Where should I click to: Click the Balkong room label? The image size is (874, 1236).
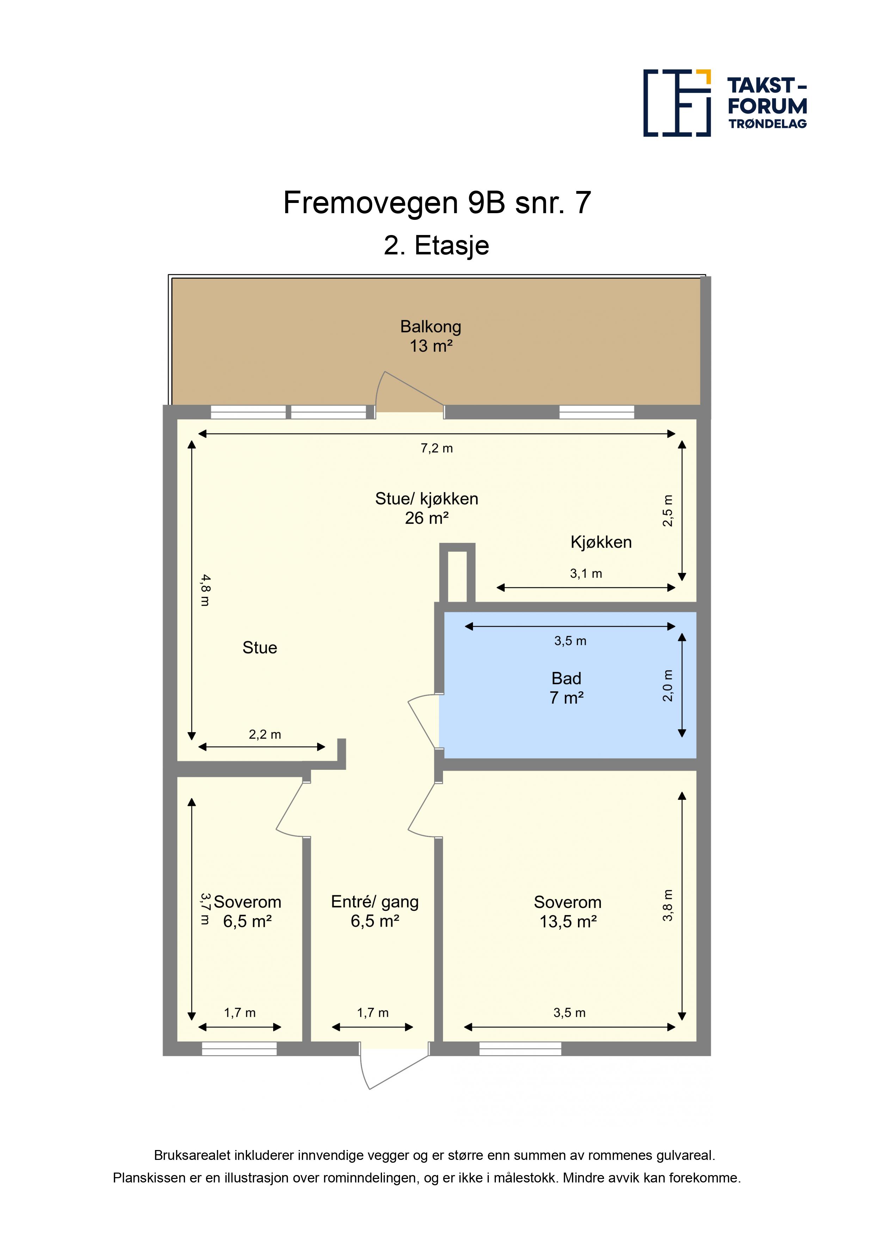(430, 336)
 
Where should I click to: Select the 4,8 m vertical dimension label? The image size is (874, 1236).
(205, 590)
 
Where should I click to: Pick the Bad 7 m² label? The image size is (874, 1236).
(566, 688)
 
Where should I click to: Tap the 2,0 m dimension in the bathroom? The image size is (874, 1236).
(667, 686)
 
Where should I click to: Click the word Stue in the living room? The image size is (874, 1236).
(260, 648)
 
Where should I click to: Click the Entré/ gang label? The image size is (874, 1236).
(375, 901)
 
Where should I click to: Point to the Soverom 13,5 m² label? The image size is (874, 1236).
(568, 911)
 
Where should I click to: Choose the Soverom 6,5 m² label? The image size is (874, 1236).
(247, 911)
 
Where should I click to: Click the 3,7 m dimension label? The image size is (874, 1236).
(205, 909)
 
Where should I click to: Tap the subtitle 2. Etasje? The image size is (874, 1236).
(436, 246)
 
